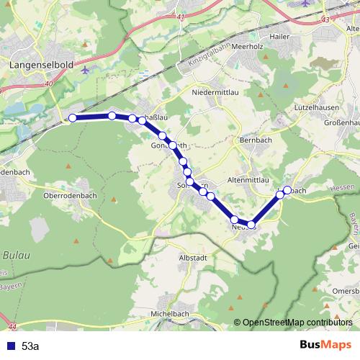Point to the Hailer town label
point(278,36)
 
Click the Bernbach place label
point(254,139)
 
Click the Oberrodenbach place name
point(70,196)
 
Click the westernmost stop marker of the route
point(72,117)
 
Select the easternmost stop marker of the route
point(287,190)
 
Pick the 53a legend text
point(31,346)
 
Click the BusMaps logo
point(326,345)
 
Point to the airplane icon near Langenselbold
point(86,71)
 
